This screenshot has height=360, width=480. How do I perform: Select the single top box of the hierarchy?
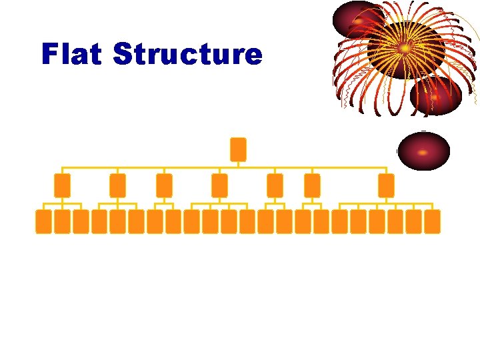(238, 149)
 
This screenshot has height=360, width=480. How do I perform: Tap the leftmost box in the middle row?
(62, 185)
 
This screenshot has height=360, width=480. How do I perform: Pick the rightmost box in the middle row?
(386, 185)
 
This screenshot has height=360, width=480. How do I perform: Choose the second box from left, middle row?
(117, 185)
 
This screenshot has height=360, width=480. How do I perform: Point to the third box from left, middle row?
(164, 185)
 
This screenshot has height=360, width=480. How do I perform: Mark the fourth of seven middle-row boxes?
(219, 185)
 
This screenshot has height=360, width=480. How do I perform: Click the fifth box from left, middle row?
(275, 185)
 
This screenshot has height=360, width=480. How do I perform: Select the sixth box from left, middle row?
(312, 185)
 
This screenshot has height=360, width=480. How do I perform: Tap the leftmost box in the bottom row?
(43, 221)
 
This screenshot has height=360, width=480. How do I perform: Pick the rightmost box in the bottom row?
(433, 221)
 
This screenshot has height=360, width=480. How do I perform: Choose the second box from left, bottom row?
(62, 221)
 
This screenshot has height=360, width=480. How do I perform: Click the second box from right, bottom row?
(414, 221)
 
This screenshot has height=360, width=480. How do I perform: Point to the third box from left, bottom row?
(81, 221)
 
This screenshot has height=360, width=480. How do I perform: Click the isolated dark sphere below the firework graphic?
(423, 151)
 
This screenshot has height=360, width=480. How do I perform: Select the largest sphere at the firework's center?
(405, 49)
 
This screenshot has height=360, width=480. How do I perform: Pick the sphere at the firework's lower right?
(436, 96)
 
